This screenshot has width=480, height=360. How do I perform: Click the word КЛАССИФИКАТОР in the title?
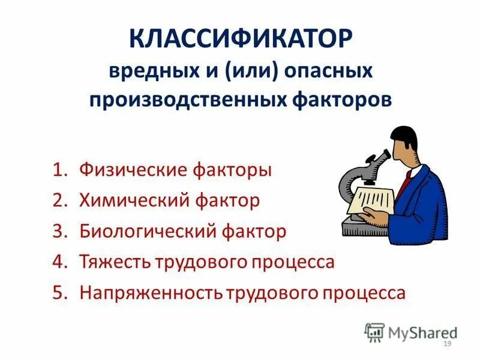click(240, 41)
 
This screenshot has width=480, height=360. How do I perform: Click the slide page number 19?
click(446, 343)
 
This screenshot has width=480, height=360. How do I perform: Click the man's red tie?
click(408, 178)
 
